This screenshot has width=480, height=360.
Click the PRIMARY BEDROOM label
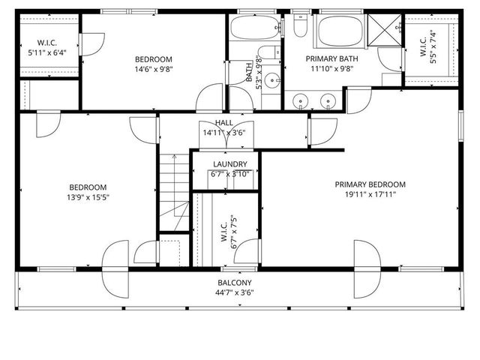point(370,184)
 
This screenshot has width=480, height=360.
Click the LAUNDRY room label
point(229,165)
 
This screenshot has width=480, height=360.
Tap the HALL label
point(223,123)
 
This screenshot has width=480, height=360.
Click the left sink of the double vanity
point(301,100)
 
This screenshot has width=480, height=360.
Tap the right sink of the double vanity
point(328,100)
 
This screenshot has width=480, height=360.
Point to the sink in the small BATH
point(274,80)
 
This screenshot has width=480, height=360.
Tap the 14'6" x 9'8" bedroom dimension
point(153,70)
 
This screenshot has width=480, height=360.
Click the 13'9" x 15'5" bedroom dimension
point(88,197)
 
